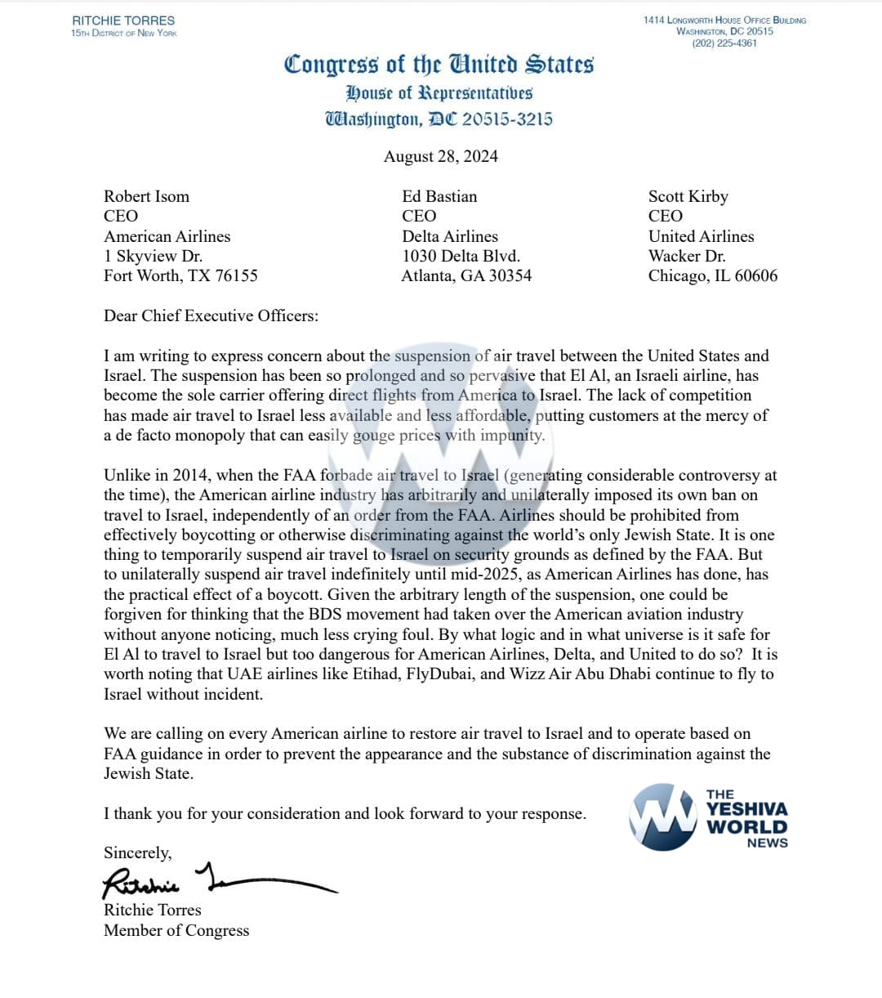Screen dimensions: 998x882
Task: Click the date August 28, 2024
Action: click(x=441, y=156)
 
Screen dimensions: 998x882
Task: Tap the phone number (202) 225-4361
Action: click(x=724, y=43)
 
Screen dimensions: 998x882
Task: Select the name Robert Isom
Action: click(x=146, y=197)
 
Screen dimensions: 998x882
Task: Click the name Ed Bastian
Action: click(x=439, y=197)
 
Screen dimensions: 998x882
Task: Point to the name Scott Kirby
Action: click(x=688, y=197)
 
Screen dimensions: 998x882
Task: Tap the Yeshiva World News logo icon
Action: click(x=663, y=817)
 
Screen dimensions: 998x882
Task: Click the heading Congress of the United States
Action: click(x=439, y=65)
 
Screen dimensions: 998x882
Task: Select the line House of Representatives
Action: click(x=439, y=93)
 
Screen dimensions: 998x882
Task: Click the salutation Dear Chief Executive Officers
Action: click(x=211, y=316)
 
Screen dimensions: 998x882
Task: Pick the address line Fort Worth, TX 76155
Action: click(x=180, y=276)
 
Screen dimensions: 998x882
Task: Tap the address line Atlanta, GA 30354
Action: click(x=466, y=276)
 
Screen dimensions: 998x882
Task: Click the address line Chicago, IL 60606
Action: click(x=713, y=276)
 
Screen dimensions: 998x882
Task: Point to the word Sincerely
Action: click(x=137, y=853)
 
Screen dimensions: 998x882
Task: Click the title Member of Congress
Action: click(x=176, y=930)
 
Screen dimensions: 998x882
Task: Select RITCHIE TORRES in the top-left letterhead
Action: click(x=123, y=20)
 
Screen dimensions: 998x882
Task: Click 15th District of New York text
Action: click(x=123, y=33)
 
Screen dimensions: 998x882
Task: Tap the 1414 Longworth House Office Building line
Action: click(x=724, y=20)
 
